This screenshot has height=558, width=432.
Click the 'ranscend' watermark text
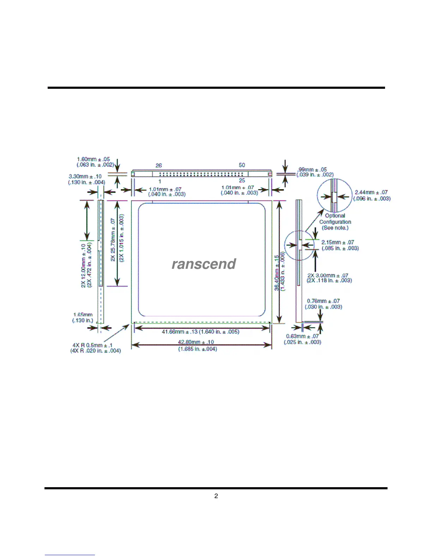click(204, 264)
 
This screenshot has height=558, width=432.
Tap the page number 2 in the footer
click(216, 496)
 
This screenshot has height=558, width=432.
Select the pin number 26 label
click(159, 165)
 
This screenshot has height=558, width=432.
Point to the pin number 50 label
click(242, 165)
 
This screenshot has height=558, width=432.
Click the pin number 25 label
click(242, 180)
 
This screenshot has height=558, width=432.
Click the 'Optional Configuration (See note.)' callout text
click(335, 222)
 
